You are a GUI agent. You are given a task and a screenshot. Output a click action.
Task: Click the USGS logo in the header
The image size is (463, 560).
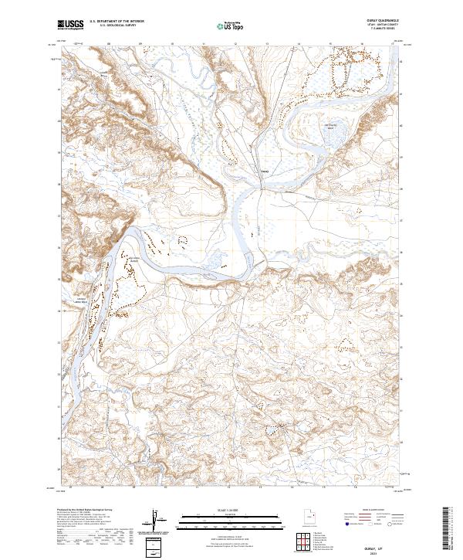pos(70,25)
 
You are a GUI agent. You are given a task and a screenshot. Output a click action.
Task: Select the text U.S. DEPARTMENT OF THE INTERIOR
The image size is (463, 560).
pos(117,22)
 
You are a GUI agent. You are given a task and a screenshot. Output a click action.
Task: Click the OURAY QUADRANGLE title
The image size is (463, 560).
pos(370,22)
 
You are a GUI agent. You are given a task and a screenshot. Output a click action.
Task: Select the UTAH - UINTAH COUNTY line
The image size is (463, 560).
pos(370,26)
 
